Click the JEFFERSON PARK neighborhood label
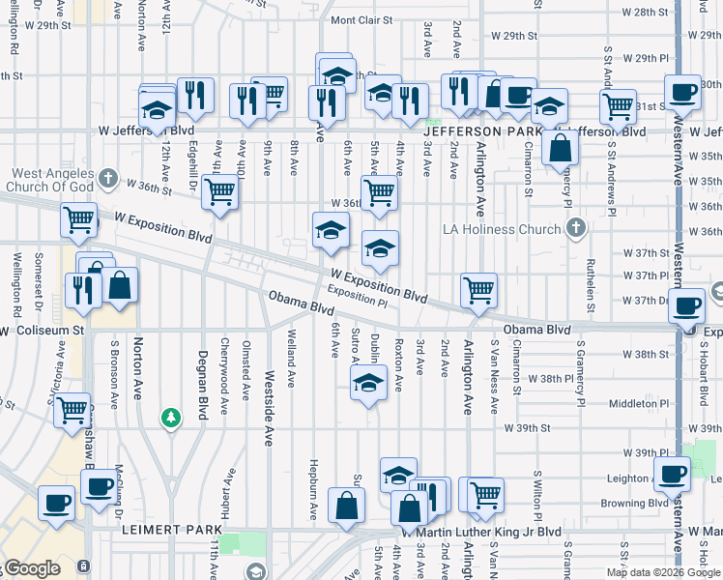pyautogui.click(x=478, y=130)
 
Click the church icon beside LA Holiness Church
pyautogui.click(x=576, y=229)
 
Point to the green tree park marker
pyautogui.click(x=170, y=417)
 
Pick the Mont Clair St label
pyautogui.click(x=361, y=19)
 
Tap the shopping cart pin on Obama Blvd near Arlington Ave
pyautogui.click(x=478, y=289)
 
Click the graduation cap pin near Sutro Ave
pyautogui.click(x=367, y=386)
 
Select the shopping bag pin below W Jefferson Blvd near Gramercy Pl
pyautogui.click(x=561, y=149)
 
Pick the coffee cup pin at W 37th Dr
pyautogui.click(x=687, y=306)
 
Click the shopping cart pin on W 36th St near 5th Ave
pyautogui.click(x=379, y=191)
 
